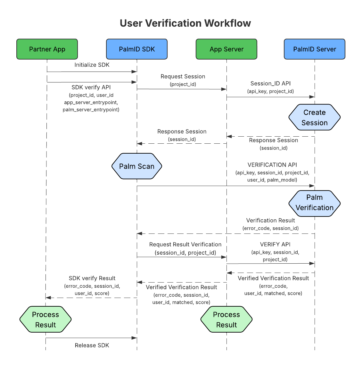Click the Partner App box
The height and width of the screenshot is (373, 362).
point(47,49)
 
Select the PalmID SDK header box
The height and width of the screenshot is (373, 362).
point(137,49)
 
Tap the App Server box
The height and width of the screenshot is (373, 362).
point(226,49)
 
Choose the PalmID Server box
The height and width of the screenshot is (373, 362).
point(315,49)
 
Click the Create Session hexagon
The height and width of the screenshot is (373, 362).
point(315,117)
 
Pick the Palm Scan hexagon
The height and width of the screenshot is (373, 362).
point(137,166)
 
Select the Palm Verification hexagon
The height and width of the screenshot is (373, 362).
point(315,202)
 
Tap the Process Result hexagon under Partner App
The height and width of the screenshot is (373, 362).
point(45,319)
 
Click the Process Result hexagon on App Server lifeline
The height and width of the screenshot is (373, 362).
point(226,319)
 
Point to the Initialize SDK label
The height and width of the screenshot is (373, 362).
point(92,65)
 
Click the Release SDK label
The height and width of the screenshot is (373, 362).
point(92,345)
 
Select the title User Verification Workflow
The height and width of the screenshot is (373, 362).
point(185,23)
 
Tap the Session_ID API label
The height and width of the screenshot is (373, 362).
point(270,83)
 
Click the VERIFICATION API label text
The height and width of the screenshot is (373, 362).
point(272,165)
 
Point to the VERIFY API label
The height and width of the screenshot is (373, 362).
point(275,244)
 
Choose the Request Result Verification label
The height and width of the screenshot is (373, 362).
point(185,244)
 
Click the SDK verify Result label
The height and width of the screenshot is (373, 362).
point(92,278)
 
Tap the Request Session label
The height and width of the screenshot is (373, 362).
point(183,77)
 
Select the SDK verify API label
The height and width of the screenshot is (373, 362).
point(91,87)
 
